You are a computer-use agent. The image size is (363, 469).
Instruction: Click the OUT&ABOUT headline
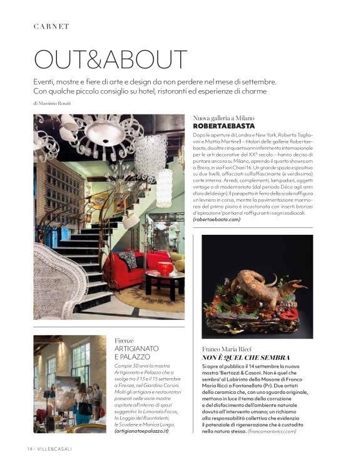(x=110, y=59)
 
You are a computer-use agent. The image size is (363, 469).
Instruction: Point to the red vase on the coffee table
(x=164, y=269)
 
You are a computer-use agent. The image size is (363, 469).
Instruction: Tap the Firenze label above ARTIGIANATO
(x=124, y=340)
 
